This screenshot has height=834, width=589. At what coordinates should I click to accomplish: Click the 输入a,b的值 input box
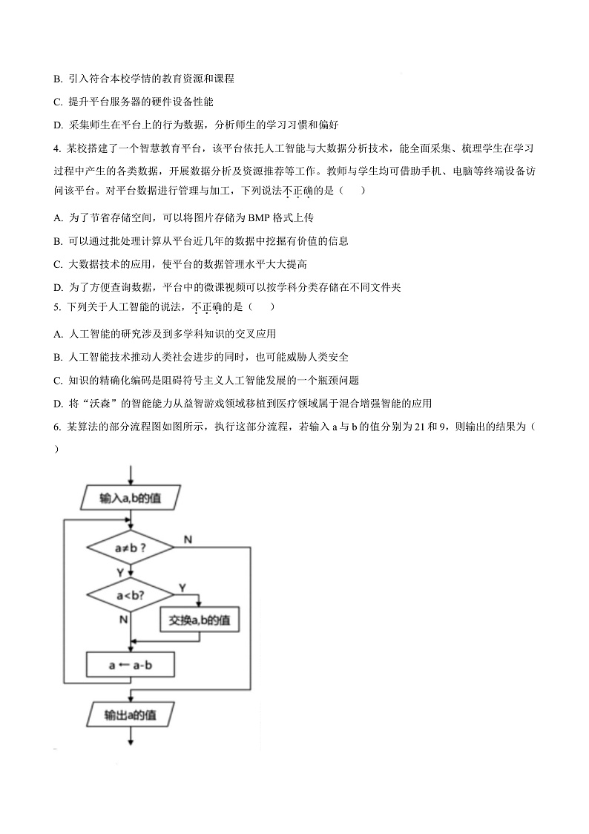point(131,498)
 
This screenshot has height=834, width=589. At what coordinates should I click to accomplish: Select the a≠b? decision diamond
point(131,549)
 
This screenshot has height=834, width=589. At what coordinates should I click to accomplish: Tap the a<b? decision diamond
point(131,595)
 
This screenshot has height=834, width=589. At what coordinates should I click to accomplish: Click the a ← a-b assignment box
point(131,666)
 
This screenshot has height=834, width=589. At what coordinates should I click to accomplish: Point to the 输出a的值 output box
point(131,715)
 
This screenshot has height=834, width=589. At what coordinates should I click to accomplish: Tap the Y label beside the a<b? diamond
point(182,588)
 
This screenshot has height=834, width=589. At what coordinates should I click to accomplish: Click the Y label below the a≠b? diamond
point(120,572)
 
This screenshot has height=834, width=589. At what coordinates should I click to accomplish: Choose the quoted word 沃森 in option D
point(108,404)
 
